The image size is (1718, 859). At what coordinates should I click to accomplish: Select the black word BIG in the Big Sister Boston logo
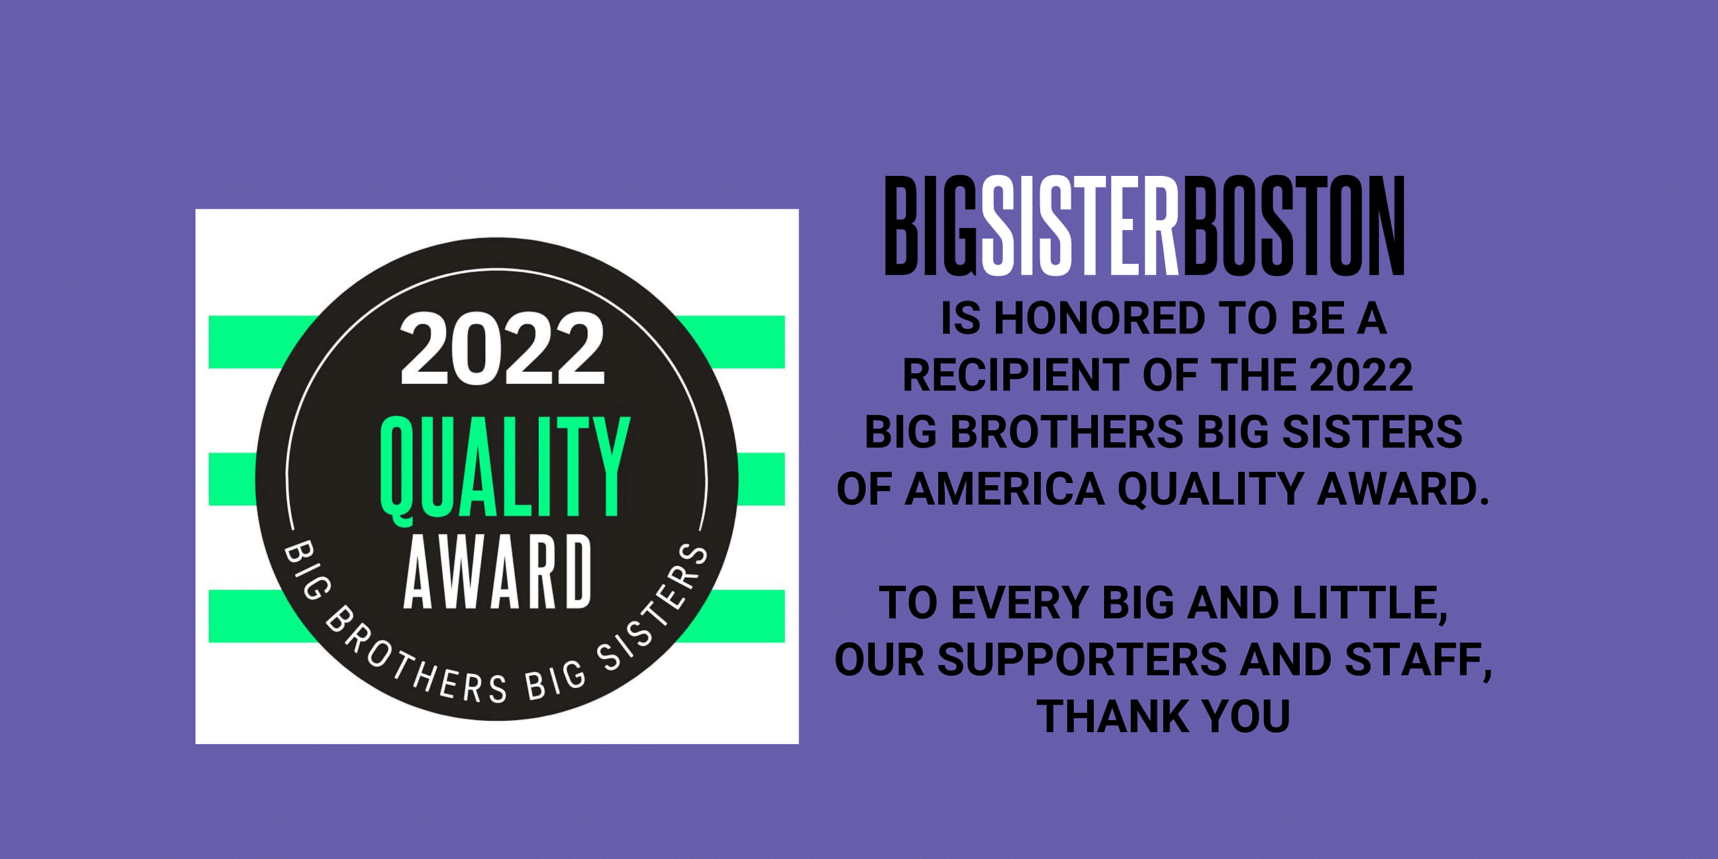(931, 225)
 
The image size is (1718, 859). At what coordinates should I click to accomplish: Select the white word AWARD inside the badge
(497, 572)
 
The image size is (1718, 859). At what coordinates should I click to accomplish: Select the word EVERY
(1020, 603)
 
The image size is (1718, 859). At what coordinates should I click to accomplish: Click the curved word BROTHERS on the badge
(417, 658)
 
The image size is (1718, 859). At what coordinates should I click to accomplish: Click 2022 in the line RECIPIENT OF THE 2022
(1361, 375)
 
